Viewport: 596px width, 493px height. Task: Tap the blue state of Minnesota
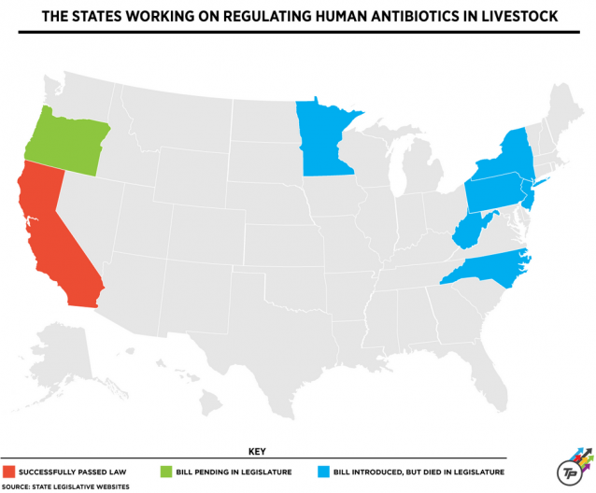pyautogui.click(x=322, y=140)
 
